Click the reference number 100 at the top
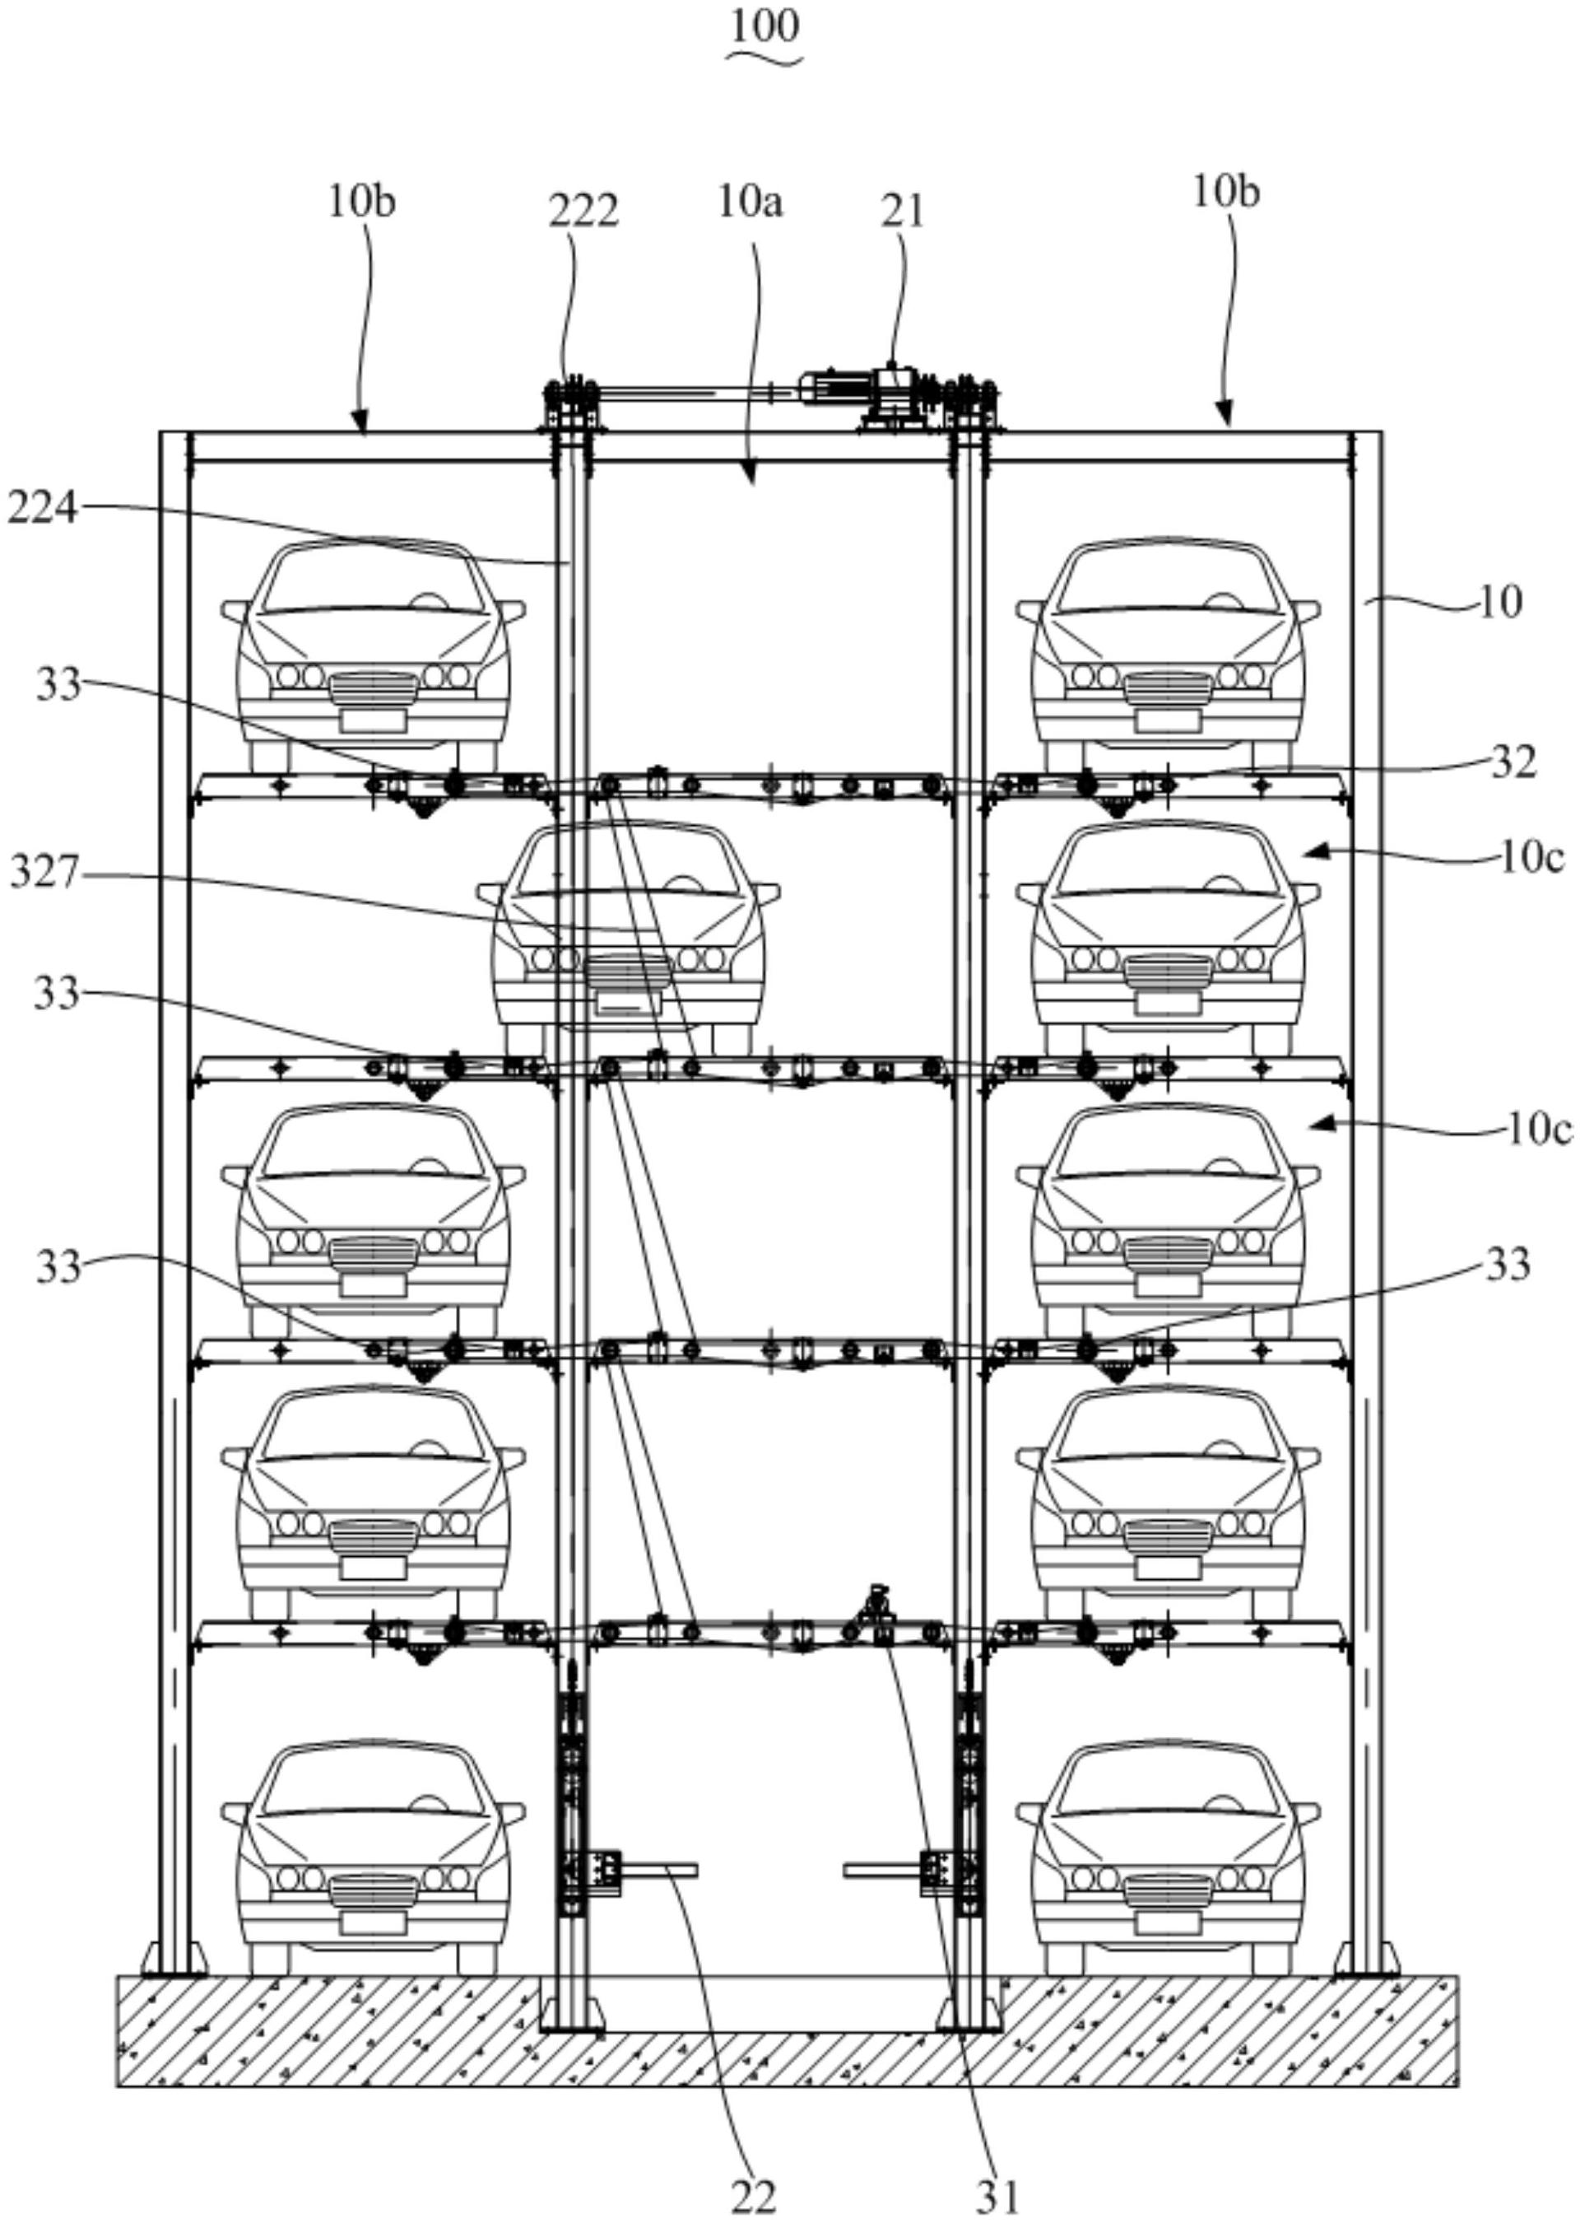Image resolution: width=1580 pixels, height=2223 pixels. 765,26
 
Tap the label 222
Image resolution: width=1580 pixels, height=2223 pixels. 583,212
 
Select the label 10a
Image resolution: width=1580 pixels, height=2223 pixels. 750,203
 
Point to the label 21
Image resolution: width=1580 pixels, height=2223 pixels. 904,212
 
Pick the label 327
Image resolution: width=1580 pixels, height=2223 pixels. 44,873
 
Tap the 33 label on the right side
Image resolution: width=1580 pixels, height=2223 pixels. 1507,1265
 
